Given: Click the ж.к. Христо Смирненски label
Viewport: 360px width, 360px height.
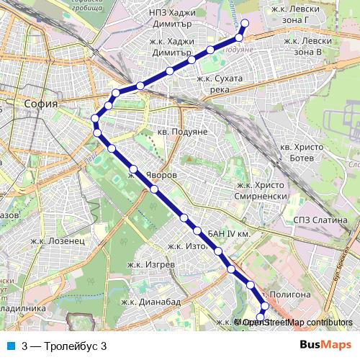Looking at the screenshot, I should pyautogui.click(x=262, y=189).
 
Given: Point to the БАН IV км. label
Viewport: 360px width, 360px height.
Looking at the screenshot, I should pyautogui.click(x=228, y=235).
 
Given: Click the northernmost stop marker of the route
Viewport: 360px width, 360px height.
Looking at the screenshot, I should pyautogui.click(x=244, y=23).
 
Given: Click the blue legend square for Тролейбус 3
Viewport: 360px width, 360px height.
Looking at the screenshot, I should pyautogui.click(x=9, y=345).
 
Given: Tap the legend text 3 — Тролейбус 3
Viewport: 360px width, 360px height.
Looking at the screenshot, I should pyautogui.click(x=65, y=345).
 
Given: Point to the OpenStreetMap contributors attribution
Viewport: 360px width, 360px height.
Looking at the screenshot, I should pyautogui.click(x=296, y=323).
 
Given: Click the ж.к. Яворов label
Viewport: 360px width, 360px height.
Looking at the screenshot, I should pyautogui.click(x=152, y=174).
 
